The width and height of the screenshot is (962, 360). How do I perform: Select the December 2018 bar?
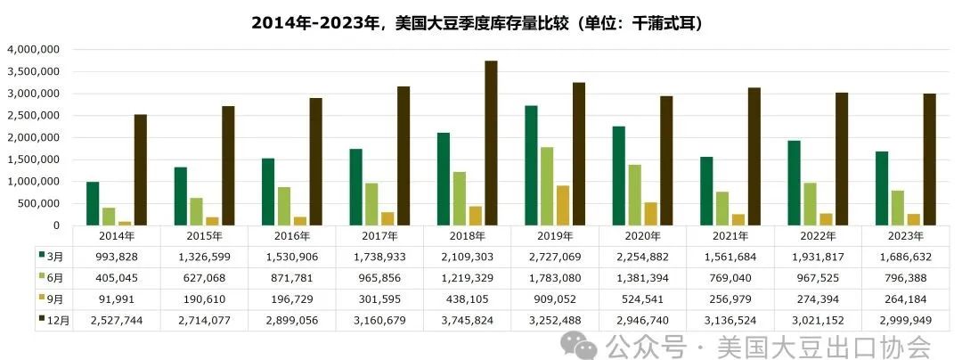click(x=491, y=143)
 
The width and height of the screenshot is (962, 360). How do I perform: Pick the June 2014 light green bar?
click(x=109, y=216)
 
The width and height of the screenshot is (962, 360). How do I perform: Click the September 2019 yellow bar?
click(x=563, y=205)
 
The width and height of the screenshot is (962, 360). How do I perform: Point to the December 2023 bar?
click(x=929, y=159)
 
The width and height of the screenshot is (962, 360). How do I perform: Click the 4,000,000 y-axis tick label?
click(x=33, y=50)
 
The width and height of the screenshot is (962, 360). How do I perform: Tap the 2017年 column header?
click(x=379, y=236)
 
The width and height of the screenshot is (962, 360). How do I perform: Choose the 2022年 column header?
click(x=818, y=236)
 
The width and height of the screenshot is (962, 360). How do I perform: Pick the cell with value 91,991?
click(x=117, y=298)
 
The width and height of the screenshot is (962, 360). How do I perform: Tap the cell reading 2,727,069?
click(x=554, y=255)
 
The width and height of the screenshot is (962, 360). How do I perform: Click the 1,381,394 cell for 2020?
click(x=641, y=276)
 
